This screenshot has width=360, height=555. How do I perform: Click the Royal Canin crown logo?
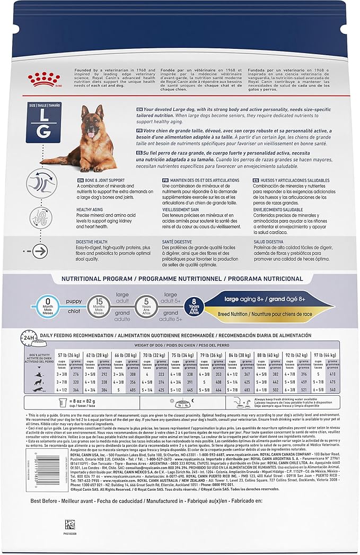[45, 79]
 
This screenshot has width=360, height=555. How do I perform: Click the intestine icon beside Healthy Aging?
[41, 216]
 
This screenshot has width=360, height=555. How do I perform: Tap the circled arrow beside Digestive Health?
[40, 250]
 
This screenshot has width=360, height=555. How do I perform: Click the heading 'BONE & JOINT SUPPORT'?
[101, 180]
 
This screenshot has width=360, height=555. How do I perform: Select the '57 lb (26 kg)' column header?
[68, 354]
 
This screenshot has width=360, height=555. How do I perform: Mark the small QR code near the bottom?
[70, 524]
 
